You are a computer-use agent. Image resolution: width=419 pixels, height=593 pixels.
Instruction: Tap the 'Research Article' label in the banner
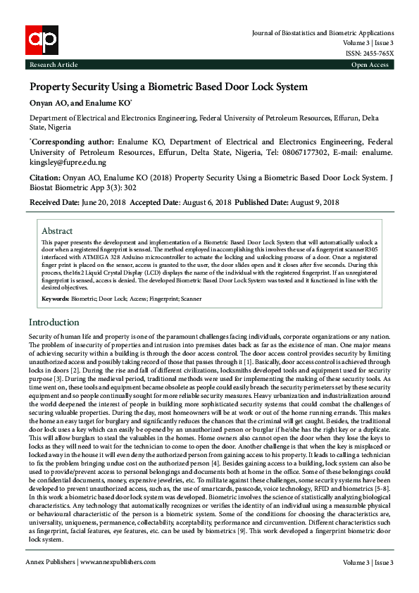pos(53,65)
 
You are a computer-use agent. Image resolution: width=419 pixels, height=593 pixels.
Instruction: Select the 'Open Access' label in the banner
pos(370,65)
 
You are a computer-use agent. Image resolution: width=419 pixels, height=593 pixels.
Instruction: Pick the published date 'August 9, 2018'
pos(312,202)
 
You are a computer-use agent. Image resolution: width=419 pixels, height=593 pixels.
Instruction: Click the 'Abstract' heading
pos(57,231)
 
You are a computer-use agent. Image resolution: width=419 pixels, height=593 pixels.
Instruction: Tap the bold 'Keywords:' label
pos(55,299)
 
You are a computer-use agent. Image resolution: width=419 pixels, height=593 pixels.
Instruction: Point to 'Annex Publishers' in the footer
pos(51,562)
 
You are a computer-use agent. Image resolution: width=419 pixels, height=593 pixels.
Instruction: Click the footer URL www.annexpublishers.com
pos(117,562)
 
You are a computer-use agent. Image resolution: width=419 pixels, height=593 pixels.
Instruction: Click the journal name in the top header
pos(323,33)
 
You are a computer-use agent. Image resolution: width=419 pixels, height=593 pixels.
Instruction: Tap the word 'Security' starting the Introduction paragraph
pos(41,337)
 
